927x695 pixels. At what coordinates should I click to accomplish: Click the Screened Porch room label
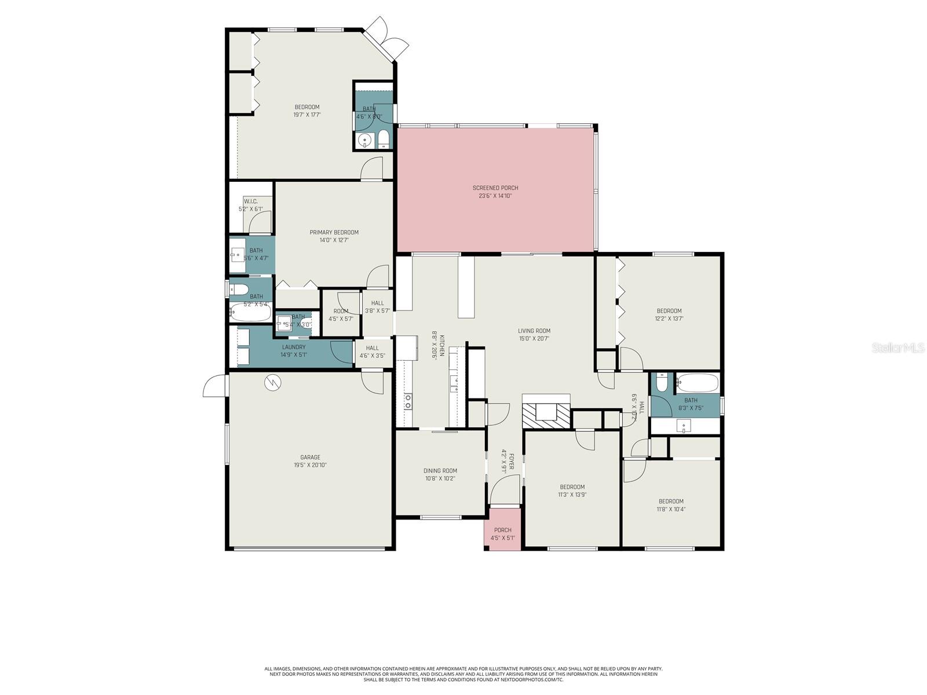(x=495, y=188)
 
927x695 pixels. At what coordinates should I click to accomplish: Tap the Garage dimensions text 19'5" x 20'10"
(x=310, y=465)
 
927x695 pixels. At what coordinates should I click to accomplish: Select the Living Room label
(x=534, y=331)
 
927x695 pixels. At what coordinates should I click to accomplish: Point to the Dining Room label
(x=440, y=471)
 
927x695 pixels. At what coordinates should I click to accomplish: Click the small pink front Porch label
(x=502, y=530)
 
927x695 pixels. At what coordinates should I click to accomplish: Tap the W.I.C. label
(x=250, y=201)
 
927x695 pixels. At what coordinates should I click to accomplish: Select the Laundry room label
(x=294, y=347)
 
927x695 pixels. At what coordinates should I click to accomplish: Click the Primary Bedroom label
(x=334, y=232)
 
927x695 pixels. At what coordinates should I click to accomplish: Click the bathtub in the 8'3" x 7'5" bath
(x=698, y=383)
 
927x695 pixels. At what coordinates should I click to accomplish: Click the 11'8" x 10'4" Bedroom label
(x=671, y=502)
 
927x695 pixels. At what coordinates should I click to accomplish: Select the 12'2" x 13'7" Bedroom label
(x=669, y=311)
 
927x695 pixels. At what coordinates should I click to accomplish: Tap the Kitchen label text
(x=441, y=345)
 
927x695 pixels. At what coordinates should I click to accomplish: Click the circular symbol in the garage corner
(x=272, y=382)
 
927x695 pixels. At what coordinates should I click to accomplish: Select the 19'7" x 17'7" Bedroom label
(x=306, y=107)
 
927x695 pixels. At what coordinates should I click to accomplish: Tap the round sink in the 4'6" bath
(x=364, y=140)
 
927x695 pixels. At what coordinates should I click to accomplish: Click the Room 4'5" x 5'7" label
(x=341, y=311)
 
